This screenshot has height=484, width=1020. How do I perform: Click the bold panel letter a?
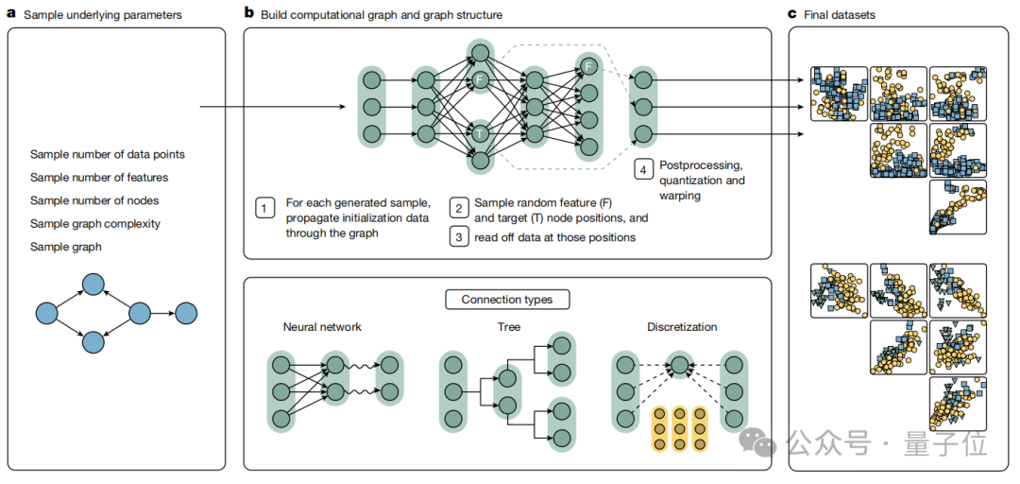point(11,15)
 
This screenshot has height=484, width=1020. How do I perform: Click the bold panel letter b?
point(248,14)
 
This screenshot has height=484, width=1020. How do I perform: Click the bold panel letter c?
point(793,15)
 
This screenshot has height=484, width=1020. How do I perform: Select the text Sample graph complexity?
point(94,224)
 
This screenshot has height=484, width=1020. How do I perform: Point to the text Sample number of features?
point(98,177)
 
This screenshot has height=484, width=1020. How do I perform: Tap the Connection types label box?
point(507,300)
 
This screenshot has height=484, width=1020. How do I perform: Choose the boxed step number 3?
point(457,237)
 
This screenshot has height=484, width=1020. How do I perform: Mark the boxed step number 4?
point(642,170)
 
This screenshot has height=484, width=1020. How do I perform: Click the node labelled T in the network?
point(480,133)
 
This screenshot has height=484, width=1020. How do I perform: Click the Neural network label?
point(322,327)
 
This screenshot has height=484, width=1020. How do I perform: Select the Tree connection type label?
point(508,327)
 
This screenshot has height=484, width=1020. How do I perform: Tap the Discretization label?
point(682,327)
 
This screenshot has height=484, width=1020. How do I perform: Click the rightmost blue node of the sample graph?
point(186,312)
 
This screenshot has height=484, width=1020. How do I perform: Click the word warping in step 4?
point(680,195)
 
